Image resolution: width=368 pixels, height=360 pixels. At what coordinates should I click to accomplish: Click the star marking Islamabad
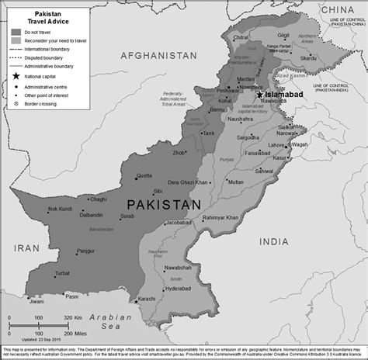(x=259, y=95)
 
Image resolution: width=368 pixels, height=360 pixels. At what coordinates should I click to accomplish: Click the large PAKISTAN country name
(x=163, y=204)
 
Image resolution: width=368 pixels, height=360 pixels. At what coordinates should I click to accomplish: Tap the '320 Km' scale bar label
(x=71, y=317)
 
